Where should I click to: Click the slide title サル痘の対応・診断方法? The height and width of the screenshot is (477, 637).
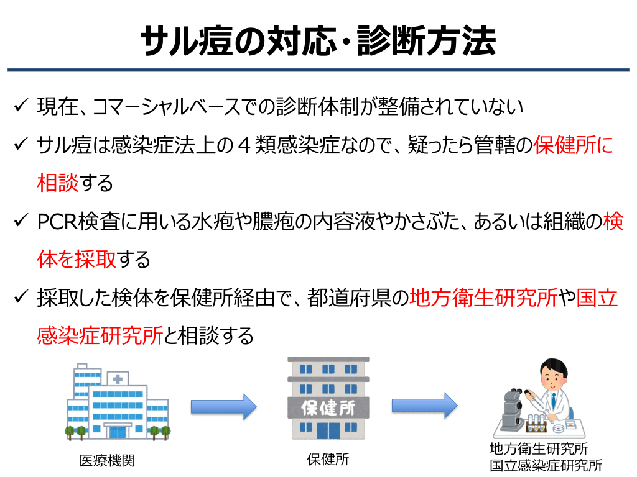(x=318, y=42)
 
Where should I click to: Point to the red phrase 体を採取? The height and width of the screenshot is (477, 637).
(x=77, y=260)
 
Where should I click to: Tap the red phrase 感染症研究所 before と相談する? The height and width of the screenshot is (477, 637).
(x=100, y=336)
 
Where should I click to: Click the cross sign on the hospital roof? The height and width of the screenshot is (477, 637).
(x=117, y=378)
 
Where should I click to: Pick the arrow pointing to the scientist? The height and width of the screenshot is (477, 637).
(x=424, y=406)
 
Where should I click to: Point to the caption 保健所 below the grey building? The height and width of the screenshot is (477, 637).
(x=328, y=460)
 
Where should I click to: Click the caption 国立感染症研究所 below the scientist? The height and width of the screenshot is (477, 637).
(x=546, y=465)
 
